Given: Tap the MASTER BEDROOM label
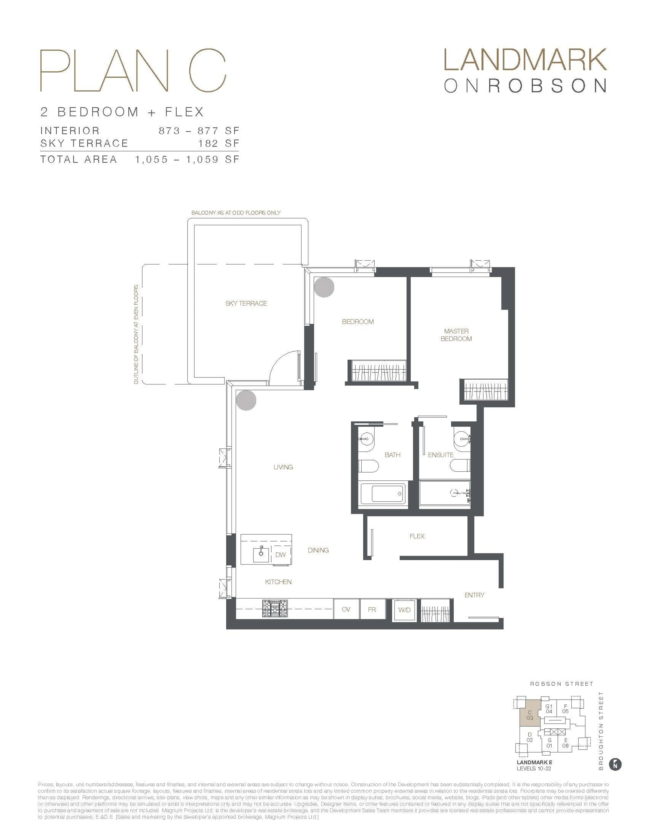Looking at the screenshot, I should pos(456,335).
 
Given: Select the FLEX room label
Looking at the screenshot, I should pos(417,536).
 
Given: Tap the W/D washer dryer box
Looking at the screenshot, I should pos(404,610).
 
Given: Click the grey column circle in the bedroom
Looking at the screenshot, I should pos(324,287).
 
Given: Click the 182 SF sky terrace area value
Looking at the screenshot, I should pos(219,144).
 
